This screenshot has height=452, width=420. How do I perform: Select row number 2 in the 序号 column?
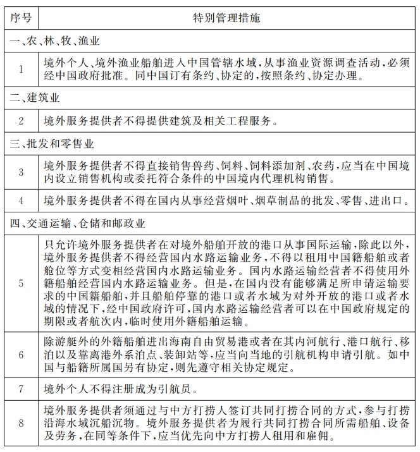(x=21, y=120)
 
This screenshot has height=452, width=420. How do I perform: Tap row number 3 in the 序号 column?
(x=21, y=172)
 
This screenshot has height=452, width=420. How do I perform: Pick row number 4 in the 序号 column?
(x=21, y=201)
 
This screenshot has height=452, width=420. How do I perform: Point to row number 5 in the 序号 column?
(x=21, y=283)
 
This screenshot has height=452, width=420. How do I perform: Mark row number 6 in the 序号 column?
(x=21, y=355)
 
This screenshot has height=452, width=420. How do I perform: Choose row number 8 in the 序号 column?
(x=21, y=423)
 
